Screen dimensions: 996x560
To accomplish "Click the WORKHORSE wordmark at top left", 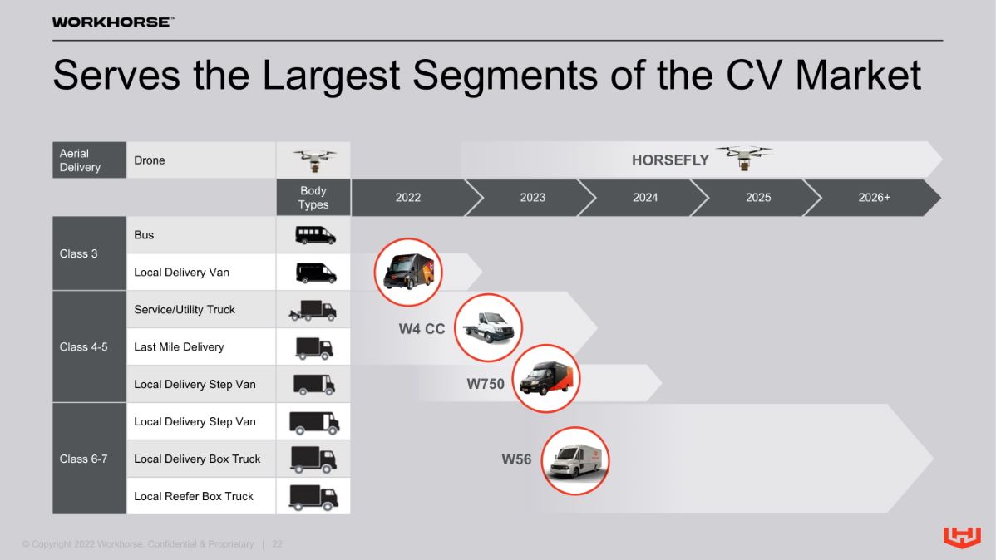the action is coord(114,22).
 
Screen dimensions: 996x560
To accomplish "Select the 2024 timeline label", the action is coord(645,198).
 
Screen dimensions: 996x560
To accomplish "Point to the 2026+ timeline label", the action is coord(874,198).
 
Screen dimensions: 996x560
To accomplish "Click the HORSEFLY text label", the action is coord(670,160).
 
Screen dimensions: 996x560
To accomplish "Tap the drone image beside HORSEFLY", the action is coord(744,158).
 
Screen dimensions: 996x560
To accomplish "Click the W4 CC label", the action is coord(422,329).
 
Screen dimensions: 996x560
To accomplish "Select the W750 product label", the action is coord(486,384).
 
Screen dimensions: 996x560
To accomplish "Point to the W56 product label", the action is coord(516,459).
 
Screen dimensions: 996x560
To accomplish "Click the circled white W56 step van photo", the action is coord(575,461).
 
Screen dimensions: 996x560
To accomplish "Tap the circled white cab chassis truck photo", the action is coord(489,327).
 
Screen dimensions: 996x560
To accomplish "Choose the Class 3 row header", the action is coord(90,253).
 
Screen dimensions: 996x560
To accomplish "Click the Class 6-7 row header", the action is coord(90,459).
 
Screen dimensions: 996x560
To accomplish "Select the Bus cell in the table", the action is coord(201,235).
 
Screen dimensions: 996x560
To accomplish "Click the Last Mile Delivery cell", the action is coord(201,346).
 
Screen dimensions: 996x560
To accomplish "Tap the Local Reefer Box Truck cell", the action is coord(201,496).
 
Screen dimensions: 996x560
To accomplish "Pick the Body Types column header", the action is coord(313,198).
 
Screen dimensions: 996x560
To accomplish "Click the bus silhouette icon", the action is coord(315,235).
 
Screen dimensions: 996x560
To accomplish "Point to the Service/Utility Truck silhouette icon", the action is coord(313,310).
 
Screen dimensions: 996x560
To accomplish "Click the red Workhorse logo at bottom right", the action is coord(962,537).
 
